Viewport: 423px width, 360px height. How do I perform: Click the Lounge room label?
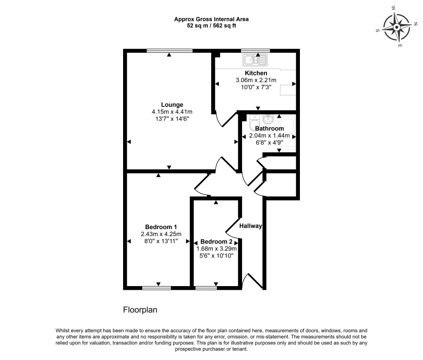pos(172,104)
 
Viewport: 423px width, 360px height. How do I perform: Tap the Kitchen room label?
pos(256,73)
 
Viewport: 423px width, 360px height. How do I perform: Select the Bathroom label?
pos(269,129)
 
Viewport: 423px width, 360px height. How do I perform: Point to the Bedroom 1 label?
pos(161,227)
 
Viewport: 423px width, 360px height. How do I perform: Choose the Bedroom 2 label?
pos(216,242)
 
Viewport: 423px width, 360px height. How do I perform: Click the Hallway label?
pos(251,226)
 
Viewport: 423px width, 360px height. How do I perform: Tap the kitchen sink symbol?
pos(255,60)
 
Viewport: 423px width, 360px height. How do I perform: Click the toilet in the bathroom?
pos(254,122)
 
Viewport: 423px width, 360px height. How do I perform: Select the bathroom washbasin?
pos(268,119)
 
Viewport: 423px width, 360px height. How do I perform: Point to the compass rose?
pos(397,27)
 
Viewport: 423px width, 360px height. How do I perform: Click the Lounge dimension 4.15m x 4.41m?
pos(172,111)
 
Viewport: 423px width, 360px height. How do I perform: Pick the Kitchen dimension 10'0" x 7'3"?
pos(256,87)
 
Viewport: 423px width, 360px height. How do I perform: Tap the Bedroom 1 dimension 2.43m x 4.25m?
pos(161,234)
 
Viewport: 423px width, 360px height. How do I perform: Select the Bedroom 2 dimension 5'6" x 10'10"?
pos(216,256)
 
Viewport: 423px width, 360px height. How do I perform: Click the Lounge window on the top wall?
pos(170,50)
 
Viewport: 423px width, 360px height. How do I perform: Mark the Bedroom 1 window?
pos(157,288)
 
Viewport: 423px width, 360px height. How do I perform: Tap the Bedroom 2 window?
pos(206,288)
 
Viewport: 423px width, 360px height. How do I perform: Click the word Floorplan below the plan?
pos(140,310)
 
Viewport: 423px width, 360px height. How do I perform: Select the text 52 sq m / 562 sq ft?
pos(211,26)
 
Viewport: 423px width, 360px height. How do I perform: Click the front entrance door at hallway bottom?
pos(252,281)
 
